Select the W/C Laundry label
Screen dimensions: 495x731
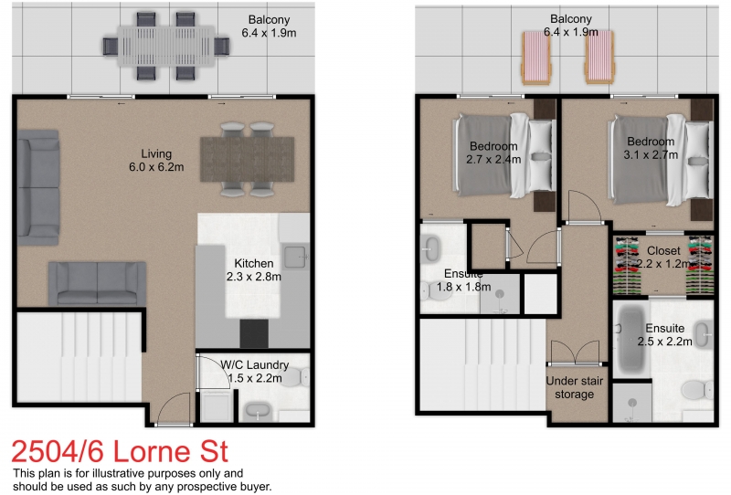coord(249,364)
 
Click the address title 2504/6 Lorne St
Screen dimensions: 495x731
coord(119,452)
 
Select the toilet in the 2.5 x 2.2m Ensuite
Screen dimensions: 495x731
coord(699,391)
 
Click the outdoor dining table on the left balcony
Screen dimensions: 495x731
coord(172,44)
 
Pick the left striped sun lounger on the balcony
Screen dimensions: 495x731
coord(534,57)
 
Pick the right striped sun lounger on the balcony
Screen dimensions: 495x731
coord(599,57)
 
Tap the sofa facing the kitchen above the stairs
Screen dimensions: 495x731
coord(97,283)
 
